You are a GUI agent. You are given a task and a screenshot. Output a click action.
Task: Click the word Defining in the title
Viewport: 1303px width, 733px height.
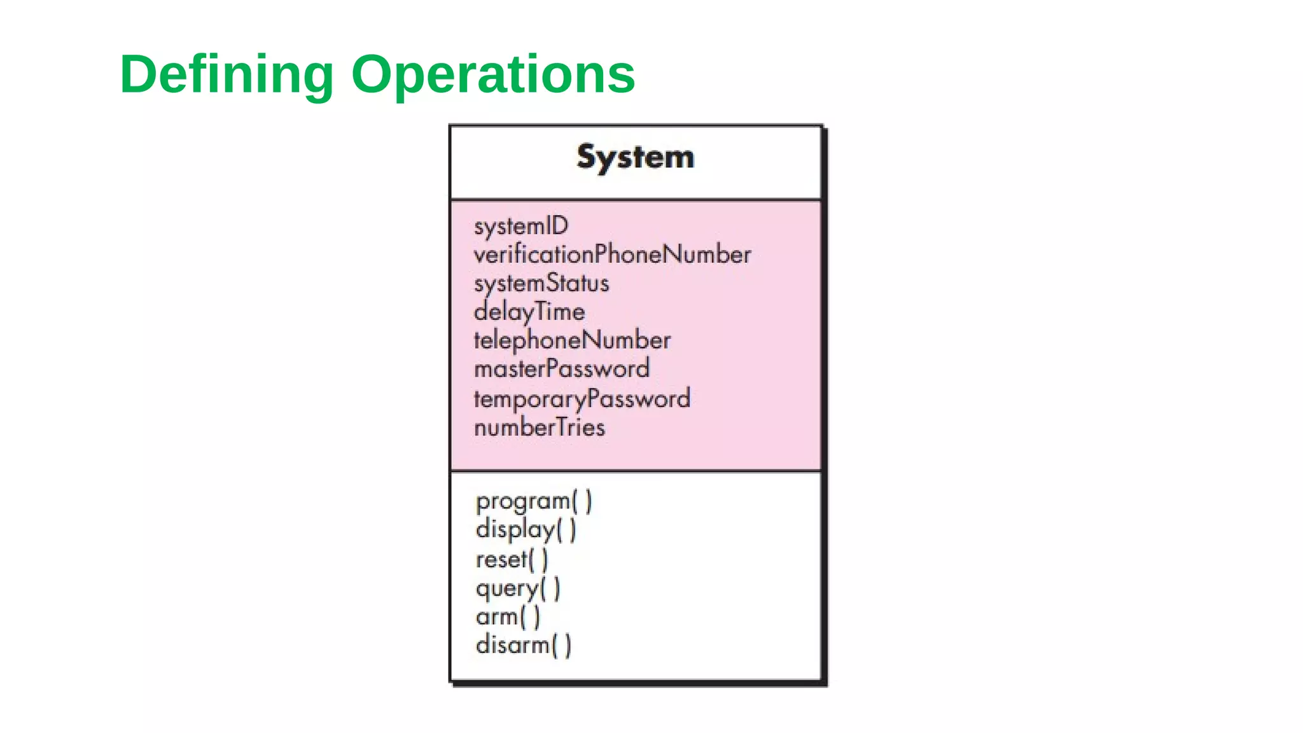226,75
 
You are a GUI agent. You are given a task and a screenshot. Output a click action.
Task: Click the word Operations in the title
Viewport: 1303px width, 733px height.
493,75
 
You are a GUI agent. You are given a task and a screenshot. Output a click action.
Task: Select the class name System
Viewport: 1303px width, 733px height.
635,157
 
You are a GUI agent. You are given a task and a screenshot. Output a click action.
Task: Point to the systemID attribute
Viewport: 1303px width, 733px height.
521,227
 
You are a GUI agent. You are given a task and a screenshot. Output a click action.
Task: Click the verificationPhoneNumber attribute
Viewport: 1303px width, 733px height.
612,255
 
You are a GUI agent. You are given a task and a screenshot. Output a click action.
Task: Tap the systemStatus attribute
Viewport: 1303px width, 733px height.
541,284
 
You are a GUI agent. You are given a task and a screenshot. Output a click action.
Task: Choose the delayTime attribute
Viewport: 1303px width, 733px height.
529,312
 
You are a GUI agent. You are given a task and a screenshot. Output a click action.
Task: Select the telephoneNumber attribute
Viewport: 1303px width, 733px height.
572,340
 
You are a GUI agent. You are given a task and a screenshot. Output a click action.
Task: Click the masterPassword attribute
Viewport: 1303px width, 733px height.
562,369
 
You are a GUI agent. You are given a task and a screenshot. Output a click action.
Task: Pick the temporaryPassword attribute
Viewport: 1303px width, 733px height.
582,399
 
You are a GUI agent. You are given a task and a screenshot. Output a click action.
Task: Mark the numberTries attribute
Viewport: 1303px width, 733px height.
540,428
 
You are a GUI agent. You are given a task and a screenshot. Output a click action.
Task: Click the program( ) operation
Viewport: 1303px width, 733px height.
534,501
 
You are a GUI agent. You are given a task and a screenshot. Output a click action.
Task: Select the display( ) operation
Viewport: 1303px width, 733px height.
526,530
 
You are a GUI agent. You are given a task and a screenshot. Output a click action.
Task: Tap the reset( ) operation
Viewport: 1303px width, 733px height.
512,560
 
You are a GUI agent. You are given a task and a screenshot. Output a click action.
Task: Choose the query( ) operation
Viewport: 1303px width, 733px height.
518,589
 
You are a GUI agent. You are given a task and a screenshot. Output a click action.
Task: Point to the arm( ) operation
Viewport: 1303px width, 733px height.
508,617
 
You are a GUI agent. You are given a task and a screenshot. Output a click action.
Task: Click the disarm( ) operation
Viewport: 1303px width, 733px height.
524,645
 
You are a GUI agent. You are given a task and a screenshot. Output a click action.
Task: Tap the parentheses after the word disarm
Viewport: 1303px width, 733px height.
562,645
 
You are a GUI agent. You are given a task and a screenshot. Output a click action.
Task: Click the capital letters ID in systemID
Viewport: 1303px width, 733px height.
557,226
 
